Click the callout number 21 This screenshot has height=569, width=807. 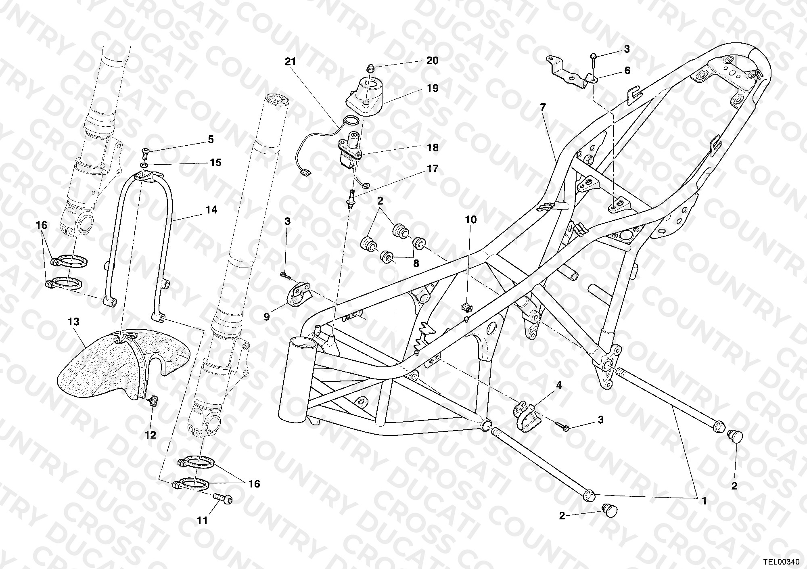(290, 62)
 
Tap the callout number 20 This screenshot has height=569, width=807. (432, 61)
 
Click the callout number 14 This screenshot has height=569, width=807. (211, 210)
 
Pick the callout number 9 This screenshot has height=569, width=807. (267, 317)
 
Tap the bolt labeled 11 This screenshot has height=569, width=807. (222, 499)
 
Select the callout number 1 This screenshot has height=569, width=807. (704, 502)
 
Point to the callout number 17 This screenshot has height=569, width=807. (432, 169)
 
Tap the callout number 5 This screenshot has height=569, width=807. (211, 140)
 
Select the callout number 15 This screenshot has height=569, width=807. (215, 163)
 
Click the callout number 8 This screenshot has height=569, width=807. (416, 264)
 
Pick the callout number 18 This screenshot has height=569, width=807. (432, 148)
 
